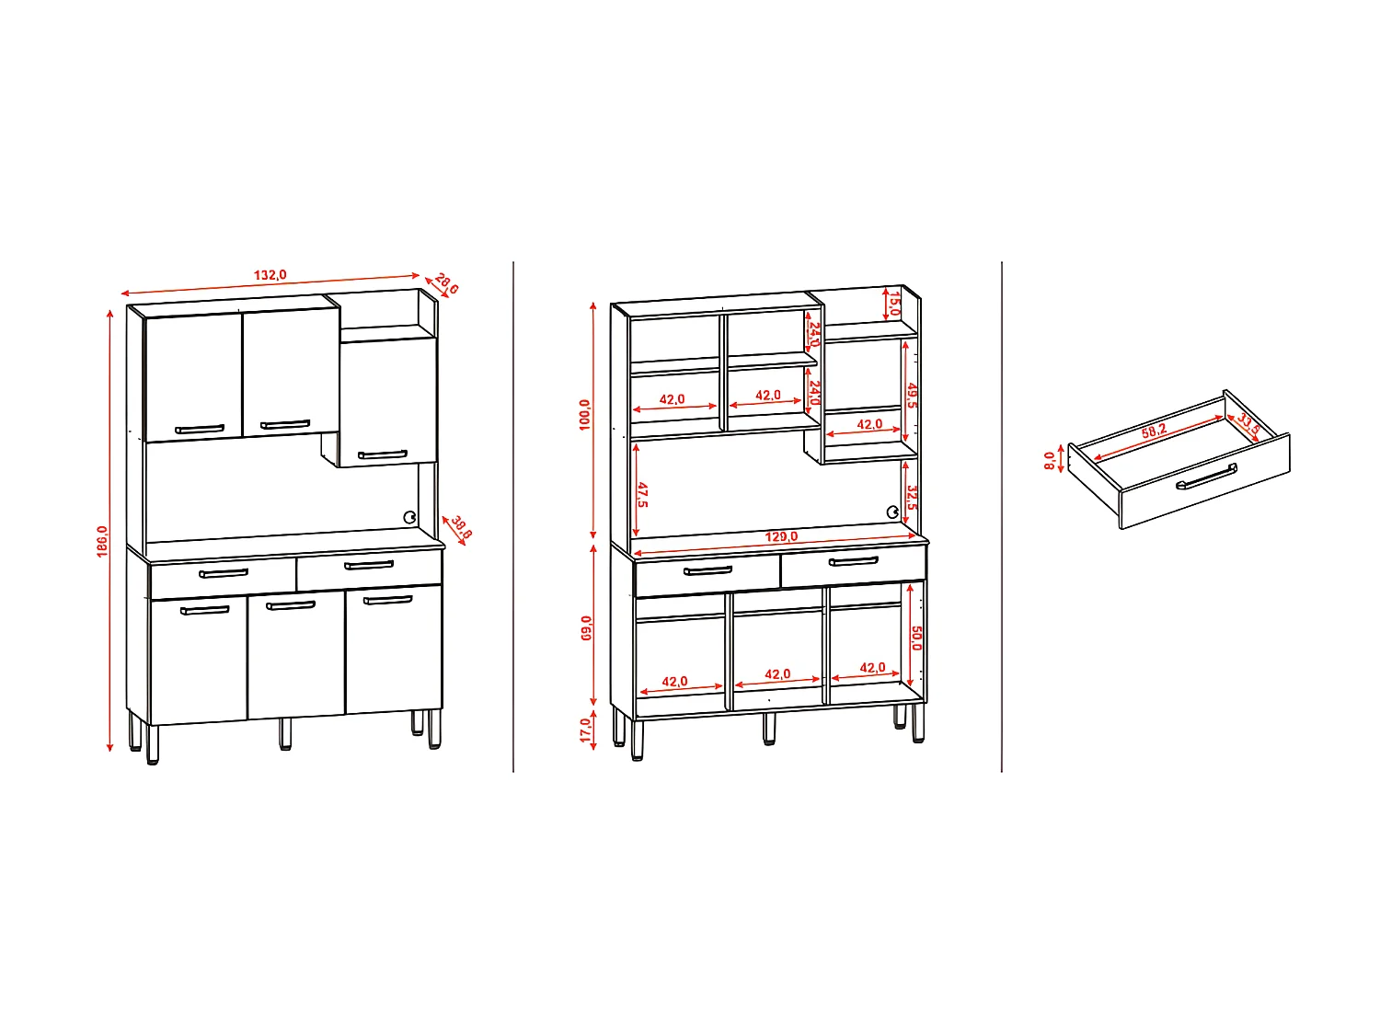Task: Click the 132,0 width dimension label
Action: (x=270, y=275)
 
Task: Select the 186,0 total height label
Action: (x=102, y=541)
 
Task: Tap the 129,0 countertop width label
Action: (x=781, y=536)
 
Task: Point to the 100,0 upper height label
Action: (x=585, y=415)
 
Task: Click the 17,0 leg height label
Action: (x=586, y=730)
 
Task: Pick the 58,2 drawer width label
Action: (x=1154, y=431)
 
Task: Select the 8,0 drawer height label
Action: (x=1050, y=460)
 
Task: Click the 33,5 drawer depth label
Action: (x=1248, y=425)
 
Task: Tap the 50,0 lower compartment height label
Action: (x=916, y=638)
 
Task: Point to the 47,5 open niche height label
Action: (x=642, y=494)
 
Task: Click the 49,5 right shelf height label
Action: (x=912, y=397)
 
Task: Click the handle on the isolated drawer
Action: (x=1206, y=477)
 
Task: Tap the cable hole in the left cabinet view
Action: (x=410, y=516)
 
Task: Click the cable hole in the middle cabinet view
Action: (x=891, y=512)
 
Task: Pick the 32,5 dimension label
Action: (x=912, y=498)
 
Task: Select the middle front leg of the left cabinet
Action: (x=285, y=733)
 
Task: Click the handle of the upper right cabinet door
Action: (x=383, y=454)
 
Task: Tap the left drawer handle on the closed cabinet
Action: (x=224, y=573)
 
